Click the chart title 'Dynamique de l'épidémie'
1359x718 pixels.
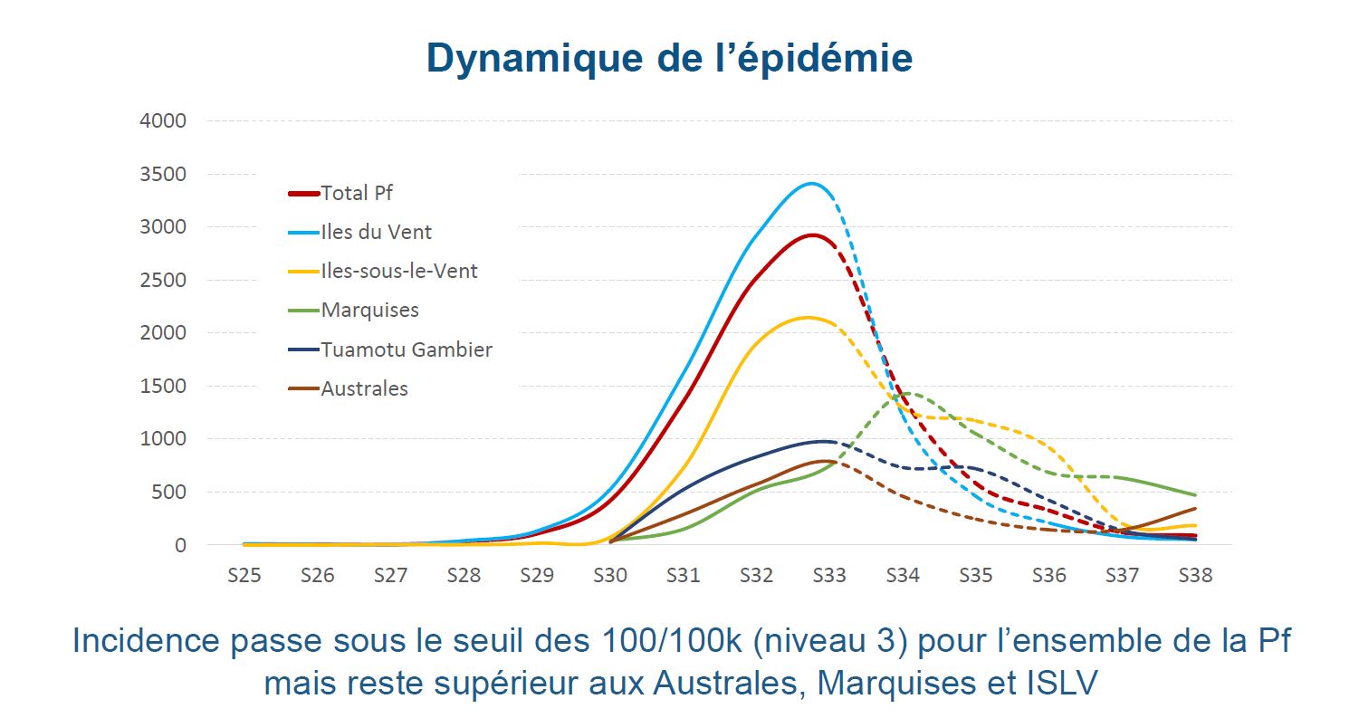(x=669, y=58)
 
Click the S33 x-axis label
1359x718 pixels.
(x=828, y=575)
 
